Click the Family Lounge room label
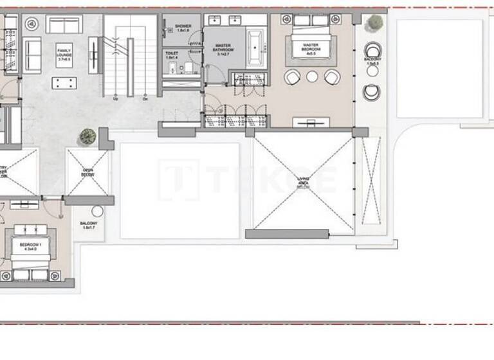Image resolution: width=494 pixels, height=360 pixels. (64, 52)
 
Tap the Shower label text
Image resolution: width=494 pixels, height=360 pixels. (183, 28)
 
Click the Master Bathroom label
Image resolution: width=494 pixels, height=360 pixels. (223, 49)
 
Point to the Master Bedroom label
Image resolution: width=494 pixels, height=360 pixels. (312, 48)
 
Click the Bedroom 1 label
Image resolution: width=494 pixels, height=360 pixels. (28, 247)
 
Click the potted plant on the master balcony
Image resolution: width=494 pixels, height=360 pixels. (374, 23)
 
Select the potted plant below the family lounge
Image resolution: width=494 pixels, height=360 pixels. (87, 136)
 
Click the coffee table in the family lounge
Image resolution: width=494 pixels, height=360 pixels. (64, 83)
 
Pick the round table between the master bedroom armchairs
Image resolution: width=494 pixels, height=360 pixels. (312, 76)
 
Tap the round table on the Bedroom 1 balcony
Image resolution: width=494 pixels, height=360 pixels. (97, 211)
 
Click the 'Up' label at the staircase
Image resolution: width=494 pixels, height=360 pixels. (115, 99)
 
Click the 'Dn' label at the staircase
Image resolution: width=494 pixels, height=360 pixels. (145, 99)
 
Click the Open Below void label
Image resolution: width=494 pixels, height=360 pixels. (87, 172)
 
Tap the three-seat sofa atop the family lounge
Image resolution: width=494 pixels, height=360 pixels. (64, 24)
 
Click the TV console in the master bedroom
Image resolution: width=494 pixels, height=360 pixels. (312, 122)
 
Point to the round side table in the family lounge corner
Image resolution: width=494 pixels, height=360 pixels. (31, 24)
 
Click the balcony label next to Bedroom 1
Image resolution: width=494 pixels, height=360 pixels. (88, 226)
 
